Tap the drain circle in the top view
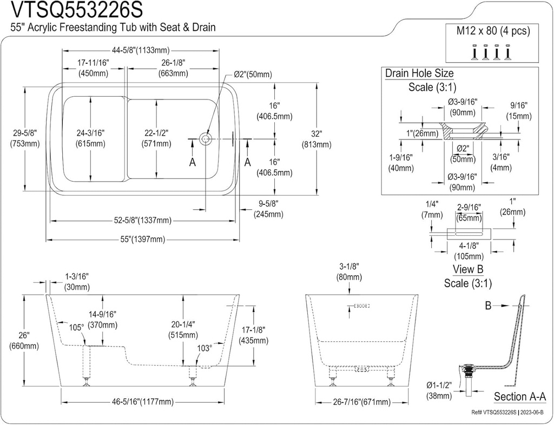tap(206, 139)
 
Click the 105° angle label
tap(76, 328)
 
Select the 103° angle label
tap(205, 349)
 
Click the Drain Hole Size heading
tap(419, 74)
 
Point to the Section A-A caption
tap(519, 397)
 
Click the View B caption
tap(467, 269)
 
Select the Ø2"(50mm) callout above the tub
tap(253, 75)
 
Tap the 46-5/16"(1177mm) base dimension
tap(143, 402)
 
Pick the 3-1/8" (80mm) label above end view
tap(348, 271)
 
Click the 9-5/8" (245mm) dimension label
tap(268, 209)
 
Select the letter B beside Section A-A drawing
tap(488, 307)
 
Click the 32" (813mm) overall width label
tap(316, 139)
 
